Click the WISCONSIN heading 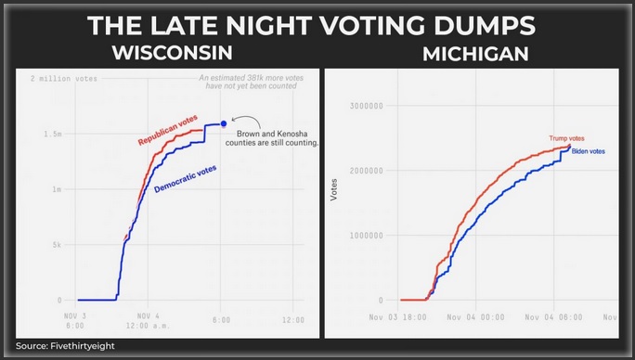[173, 53]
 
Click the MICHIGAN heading [475, 55]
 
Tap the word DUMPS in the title [486, 24]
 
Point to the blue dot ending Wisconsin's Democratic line [224, 122]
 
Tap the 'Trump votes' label [567, 138]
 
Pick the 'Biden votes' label [588, 151]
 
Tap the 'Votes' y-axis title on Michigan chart [334, 189]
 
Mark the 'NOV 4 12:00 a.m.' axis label [146, 321]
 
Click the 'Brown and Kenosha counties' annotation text [277, 138]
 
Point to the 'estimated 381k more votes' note [252, 83]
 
